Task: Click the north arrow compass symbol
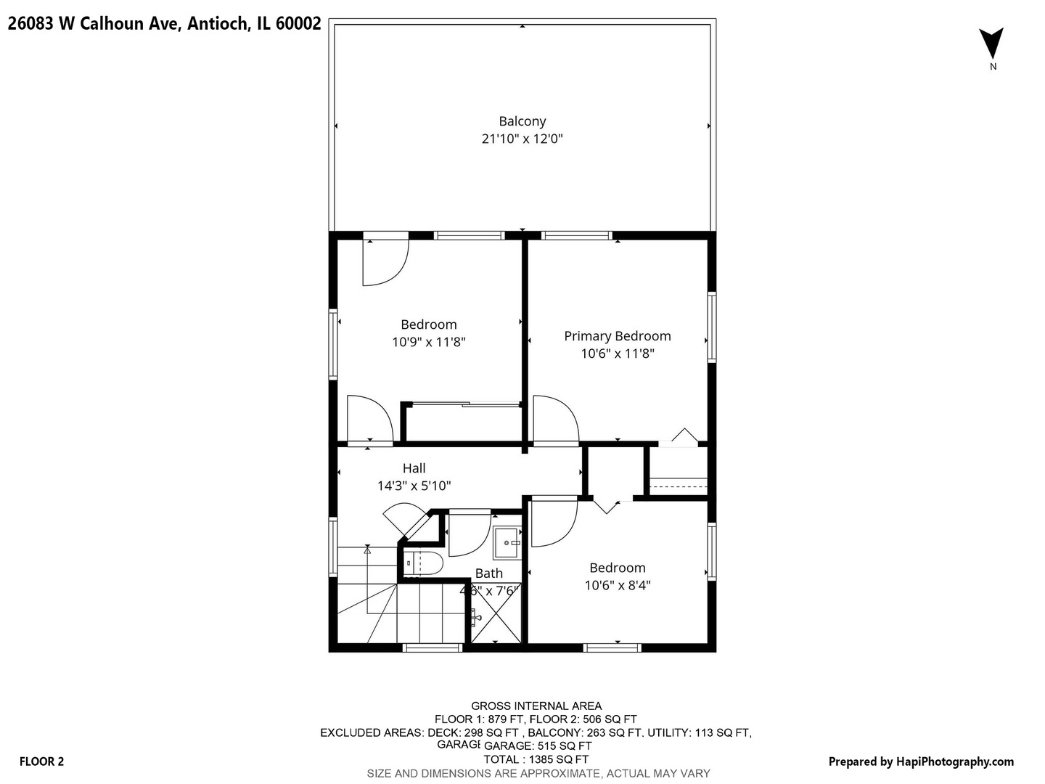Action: (991, 44)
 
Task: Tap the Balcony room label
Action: (522, 121)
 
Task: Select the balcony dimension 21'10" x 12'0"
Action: (522, 139)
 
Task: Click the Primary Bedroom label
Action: (617, 336)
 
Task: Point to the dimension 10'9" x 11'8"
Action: (428, 342)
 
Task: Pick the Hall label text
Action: (414, 468)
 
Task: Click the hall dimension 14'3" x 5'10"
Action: (419, 486)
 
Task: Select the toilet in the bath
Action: (423, 563)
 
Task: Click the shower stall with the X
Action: (496, 620)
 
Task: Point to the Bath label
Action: (488, 573)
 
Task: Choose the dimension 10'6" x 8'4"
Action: (617, 585)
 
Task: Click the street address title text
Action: (164, 24)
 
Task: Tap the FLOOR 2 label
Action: (41, 761)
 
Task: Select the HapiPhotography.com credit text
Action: (921, 761)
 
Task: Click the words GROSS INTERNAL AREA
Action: (536, 706)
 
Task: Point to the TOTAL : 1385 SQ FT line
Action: (536, 759)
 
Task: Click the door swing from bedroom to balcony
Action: (385, 261)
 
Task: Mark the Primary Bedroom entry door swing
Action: (555, 419)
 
